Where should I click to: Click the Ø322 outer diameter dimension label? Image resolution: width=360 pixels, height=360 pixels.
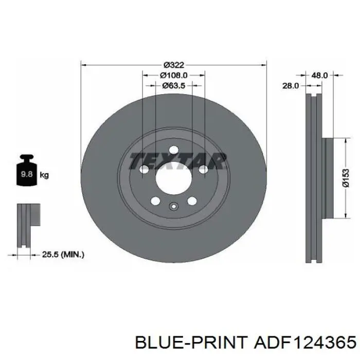pos(174,65)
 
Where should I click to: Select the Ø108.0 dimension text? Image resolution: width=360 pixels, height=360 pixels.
pos(174,75)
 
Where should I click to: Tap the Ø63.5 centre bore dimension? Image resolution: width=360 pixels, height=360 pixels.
pos(174,86)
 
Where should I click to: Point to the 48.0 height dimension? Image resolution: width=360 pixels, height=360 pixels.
pos(319,75)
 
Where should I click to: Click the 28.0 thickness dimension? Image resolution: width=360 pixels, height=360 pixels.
pos(291,86)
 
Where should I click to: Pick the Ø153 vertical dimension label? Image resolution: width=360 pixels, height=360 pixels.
pos(346,178)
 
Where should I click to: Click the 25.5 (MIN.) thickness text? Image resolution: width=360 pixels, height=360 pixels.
pos(63,255)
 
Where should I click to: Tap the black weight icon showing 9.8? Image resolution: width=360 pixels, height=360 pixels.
pos(27,170)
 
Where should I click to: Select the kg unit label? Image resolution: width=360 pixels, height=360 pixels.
pos(44,175)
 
